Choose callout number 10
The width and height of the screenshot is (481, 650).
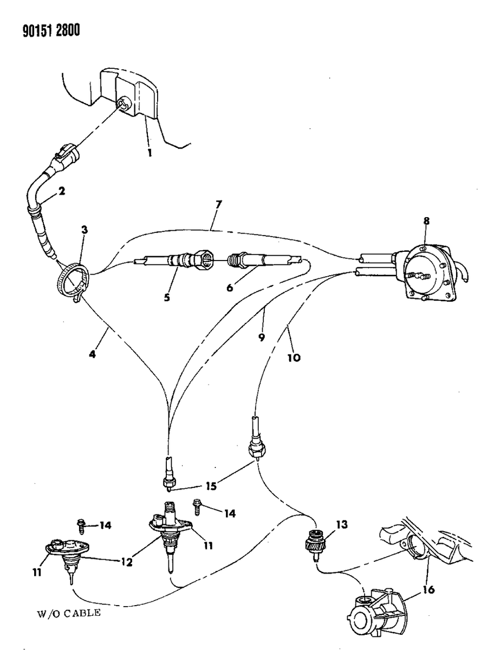[295, 357]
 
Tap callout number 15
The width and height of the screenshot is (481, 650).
[211, 486]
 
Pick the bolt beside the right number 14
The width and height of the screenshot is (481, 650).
[198, 508]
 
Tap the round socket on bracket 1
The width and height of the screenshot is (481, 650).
[123, 103]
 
